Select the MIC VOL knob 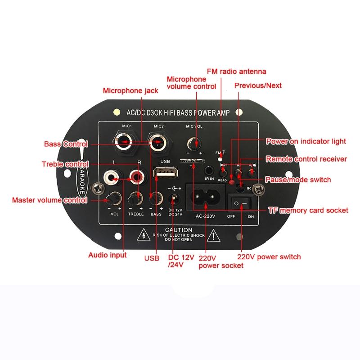point(195,144)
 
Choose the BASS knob point(156,198)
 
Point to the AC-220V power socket point(205,198)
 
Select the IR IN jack point(209,171)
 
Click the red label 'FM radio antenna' point(237,72)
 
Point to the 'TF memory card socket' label point(308,210)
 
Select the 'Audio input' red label point(107,255)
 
